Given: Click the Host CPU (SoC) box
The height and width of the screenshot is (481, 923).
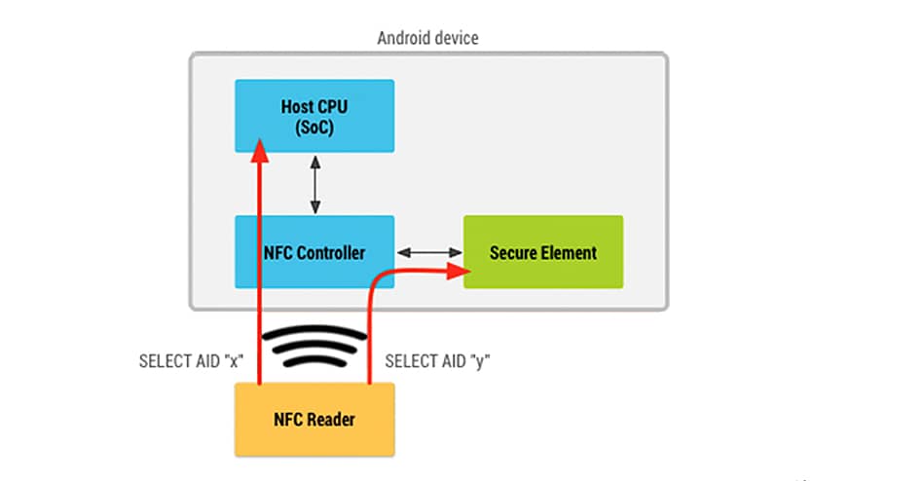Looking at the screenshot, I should coord(314,115).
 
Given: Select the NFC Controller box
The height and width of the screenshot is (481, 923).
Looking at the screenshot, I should coord(314,251).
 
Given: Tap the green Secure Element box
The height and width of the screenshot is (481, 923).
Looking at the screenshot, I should coord(542,251).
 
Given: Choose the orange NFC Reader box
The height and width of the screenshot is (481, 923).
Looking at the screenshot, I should coord(314,420).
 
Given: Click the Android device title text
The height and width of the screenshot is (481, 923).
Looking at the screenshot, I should coord(427,38).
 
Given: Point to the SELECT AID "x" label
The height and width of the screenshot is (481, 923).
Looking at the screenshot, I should coord(191,360).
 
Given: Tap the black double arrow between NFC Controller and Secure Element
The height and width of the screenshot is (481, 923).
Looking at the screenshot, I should coord(427,252).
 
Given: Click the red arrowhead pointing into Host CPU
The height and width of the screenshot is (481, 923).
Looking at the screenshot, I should coord(260,148).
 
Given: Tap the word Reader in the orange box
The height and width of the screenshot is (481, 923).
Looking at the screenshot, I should coord(331,420).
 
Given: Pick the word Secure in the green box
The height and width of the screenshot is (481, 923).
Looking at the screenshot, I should coord(513,252).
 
